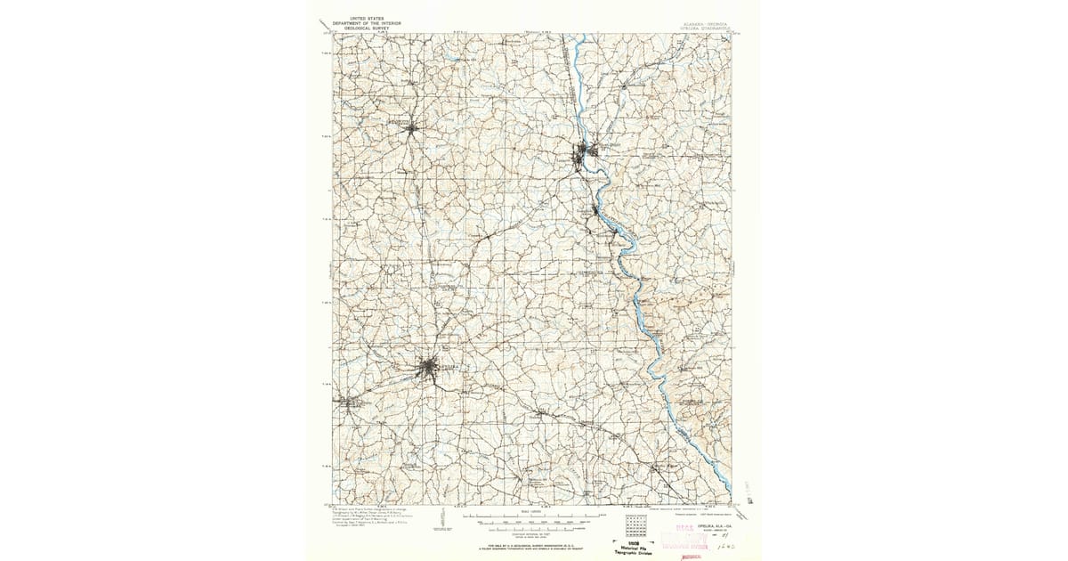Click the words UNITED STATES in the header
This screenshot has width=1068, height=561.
point(357,17)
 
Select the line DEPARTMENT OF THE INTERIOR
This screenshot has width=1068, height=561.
point(357,21)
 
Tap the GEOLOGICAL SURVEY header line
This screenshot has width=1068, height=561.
point(357,27)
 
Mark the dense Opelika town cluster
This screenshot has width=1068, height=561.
point(430,367)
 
